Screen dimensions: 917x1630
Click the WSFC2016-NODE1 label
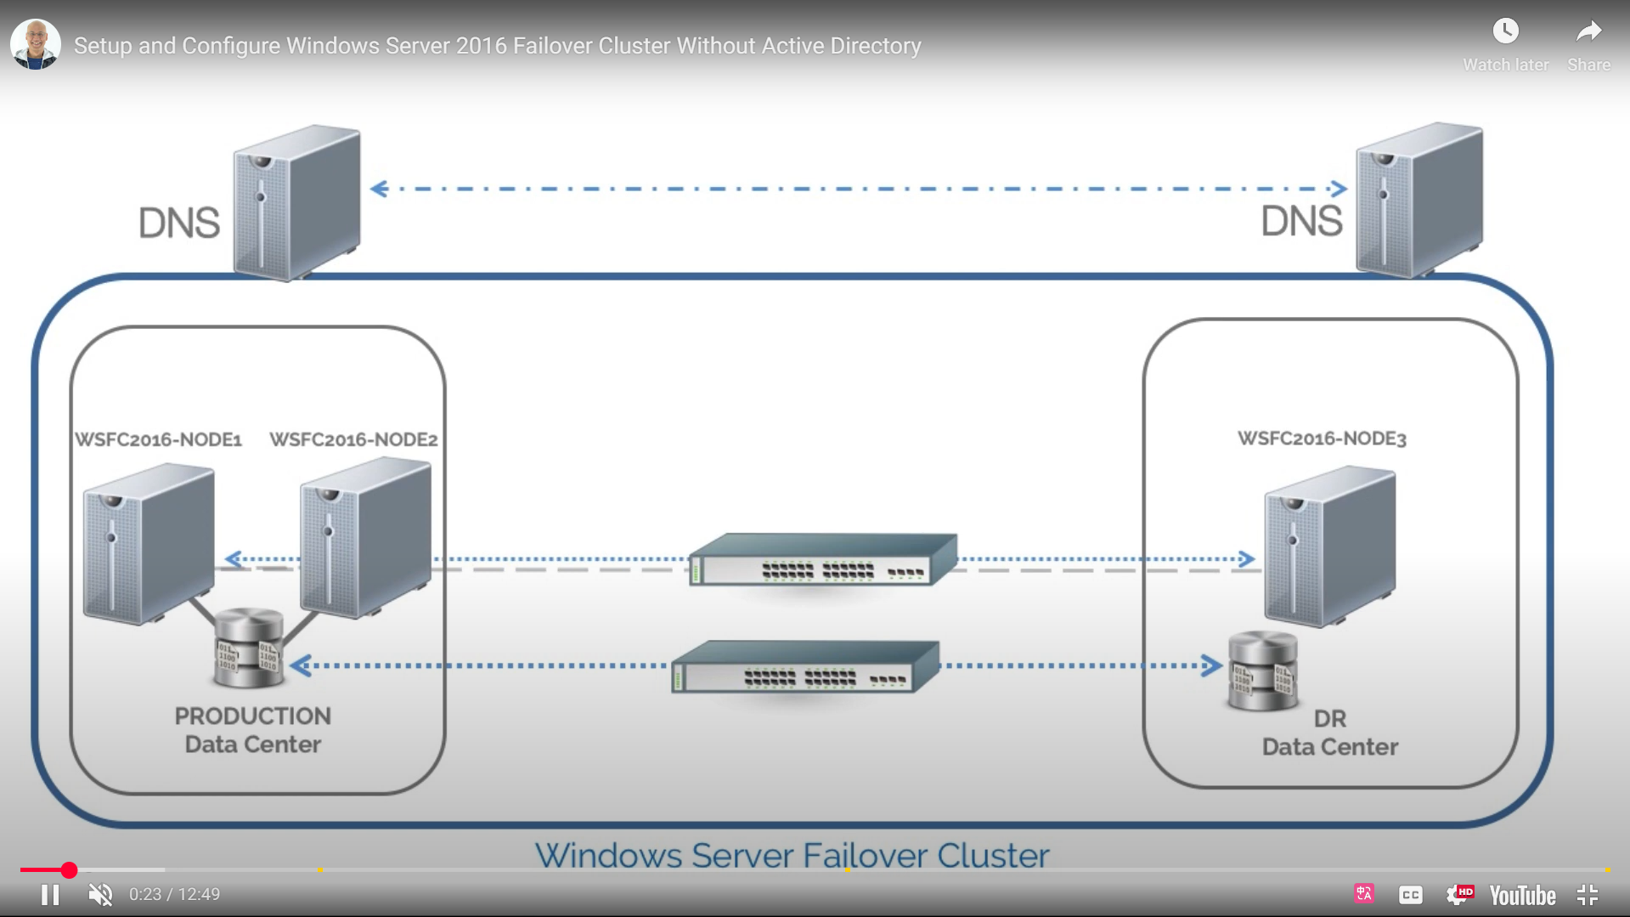(159, 439)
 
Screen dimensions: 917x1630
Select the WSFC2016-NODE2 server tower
(365, 537)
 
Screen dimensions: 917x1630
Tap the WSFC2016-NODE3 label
(1322, 439)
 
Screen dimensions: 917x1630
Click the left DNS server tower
(296, 202)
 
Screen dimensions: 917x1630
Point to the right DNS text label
(1300, 222)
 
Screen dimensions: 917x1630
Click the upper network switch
(822, 560)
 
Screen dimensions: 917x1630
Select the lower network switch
(804, 667)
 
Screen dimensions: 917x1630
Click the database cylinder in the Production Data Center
(247, 648)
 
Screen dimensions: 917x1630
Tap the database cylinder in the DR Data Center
(1262, 671)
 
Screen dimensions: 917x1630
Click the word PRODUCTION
(252, 716)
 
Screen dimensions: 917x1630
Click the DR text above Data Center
(1329, 719)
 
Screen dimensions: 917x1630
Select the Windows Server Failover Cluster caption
(792, 855)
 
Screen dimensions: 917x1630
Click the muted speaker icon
(100, 895)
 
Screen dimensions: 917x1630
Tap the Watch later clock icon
(1505, 31)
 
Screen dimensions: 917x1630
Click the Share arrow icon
(1588, 31)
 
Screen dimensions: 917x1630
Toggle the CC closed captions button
(1410, 895)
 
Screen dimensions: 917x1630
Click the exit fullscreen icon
(1588, 895)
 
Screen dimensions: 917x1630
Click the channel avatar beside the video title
(36, 44)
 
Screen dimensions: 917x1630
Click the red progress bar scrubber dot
(69, 869)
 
